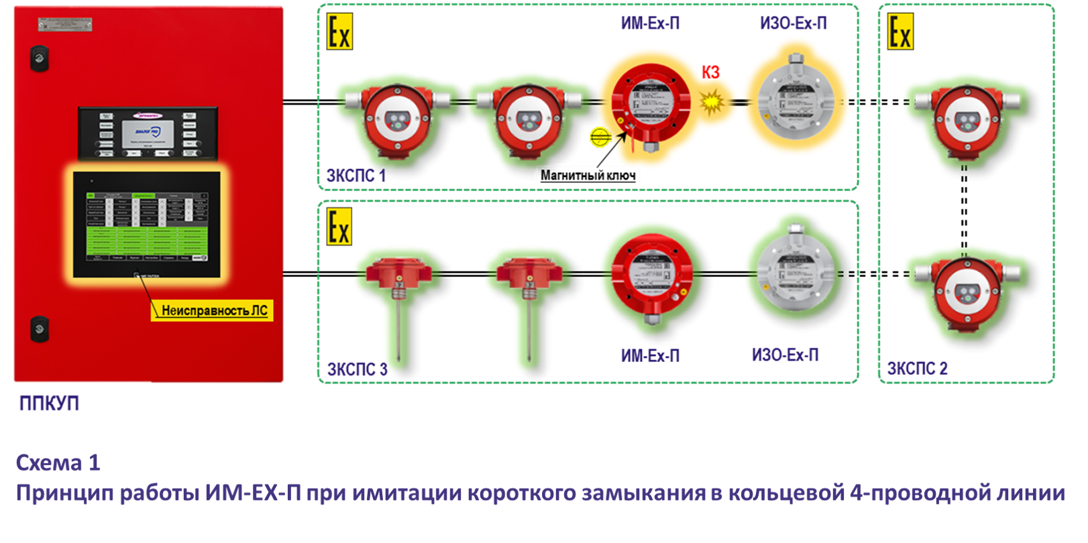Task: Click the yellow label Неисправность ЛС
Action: click(x=212, y=310)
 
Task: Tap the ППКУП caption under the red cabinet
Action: click(x=49, y=404)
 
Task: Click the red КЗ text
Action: click(x=710, y=72)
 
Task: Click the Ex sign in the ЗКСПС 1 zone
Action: click(x=339, y=33)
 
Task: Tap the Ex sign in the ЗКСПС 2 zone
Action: click(x=900, y=32)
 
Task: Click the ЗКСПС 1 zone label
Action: click(x=356, y=176)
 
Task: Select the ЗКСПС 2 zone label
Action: click(x=917, y=368)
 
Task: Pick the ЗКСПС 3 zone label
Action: click(x=357, y=369)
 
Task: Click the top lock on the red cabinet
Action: click(x=39, y=58)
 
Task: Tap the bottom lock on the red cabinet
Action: click(x=39, y=328)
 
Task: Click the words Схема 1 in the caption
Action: click(x=58, y=463)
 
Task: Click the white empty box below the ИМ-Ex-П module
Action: click(x=588, y=176)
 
